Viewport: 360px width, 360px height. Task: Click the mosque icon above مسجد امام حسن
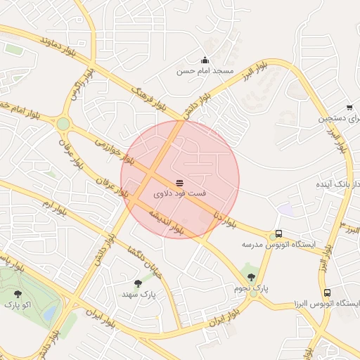(x=205, y=60)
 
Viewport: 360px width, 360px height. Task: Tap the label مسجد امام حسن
(x=204, y=72)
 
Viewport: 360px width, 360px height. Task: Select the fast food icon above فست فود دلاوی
(x=179, y=182)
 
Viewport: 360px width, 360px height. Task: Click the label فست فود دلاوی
(x=179, y=192)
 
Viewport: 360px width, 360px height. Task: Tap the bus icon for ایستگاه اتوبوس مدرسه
(x=279, y=233)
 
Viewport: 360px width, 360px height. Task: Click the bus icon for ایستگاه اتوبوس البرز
(x=327, y=292)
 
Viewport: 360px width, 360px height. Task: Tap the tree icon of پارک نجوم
(x=251, y=278)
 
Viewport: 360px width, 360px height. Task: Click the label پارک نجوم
(x=251, y=288)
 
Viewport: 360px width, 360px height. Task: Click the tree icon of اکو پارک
(x=18, y=294)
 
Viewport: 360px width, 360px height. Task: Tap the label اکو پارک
(x=18, y=304)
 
